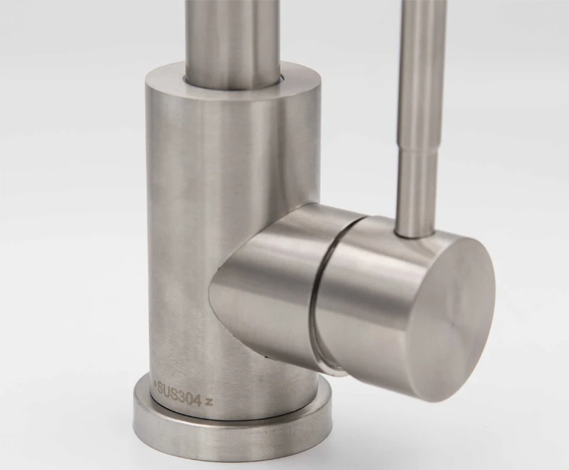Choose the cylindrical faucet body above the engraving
click(213, 213)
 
